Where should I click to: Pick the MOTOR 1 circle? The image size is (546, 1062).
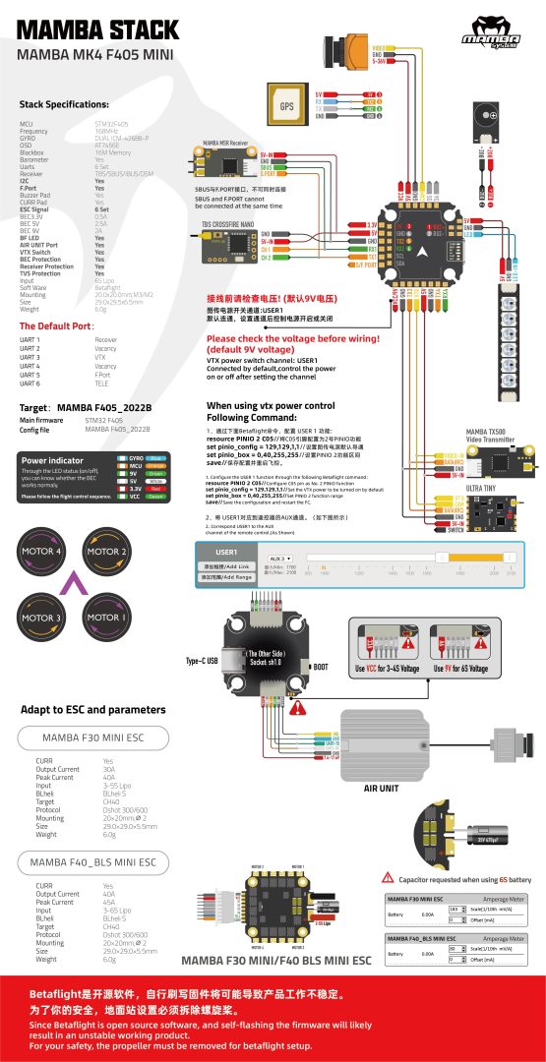pos(105,618)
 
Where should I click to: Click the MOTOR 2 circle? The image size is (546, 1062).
pos(105,551)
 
